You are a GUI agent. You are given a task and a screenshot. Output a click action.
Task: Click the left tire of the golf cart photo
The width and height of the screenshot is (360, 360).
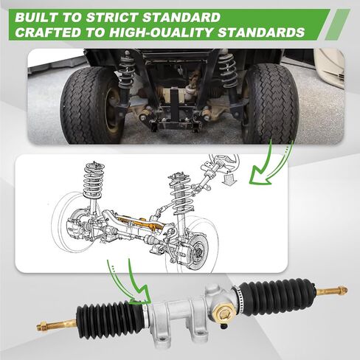[91, 105]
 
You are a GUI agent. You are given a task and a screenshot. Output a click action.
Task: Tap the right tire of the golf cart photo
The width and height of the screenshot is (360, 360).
[271, 105]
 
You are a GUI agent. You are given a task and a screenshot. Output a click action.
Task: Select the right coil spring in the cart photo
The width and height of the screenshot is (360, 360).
[228, 70]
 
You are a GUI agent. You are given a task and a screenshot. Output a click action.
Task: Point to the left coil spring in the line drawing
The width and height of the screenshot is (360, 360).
[94, 180]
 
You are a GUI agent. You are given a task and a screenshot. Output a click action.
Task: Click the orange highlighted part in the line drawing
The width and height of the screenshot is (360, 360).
[140, 223]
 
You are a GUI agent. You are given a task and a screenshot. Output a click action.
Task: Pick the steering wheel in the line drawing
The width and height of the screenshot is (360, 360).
[225, 162]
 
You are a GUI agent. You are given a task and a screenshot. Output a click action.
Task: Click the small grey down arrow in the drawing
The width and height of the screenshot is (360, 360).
[229, 179]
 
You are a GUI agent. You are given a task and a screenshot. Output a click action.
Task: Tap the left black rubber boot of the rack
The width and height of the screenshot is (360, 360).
[110, 318]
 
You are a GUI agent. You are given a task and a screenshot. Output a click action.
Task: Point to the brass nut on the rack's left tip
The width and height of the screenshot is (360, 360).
[42, 327]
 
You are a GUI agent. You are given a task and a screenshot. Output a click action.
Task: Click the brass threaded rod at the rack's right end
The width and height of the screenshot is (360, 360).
[331, 291]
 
